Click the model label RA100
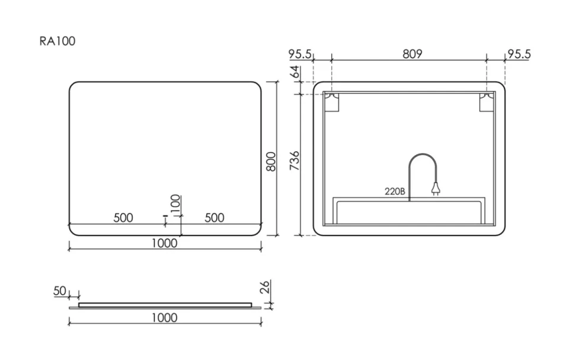(57, 41)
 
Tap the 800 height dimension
(271, 161)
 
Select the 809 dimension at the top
(412, 54)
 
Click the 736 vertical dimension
(295, 160)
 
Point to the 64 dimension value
(295, 72)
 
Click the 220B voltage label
(395, 191)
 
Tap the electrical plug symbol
(436, 189)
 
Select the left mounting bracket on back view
(331, 102)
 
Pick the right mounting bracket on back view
(487, 102)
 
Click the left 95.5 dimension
(300, 55)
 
